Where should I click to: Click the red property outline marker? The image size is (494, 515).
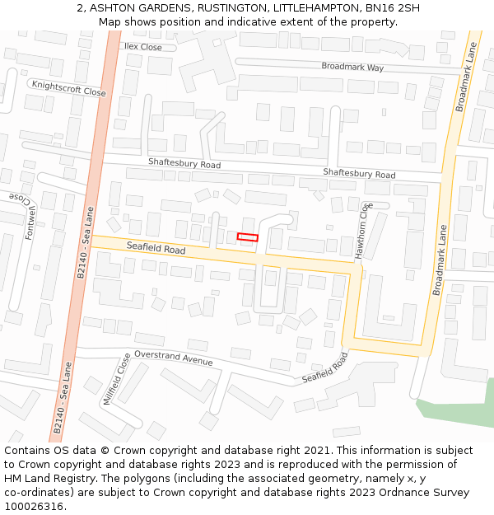[x=247, y=237]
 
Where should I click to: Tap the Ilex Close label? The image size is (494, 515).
[x=143, y=47]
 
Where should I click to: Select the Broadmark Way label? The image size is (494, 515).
[x=352, y=67]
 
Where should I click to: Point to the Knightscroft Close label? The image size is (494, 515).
[x=68, y=88]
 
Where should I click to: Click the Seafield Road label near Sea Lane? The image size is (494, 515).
[x=156, y=247]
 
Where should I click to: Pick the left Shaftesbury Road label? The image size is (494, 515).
[x=184, y=164]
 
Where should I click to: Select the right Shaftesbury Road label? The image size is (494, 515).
[x=359, y=173]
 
